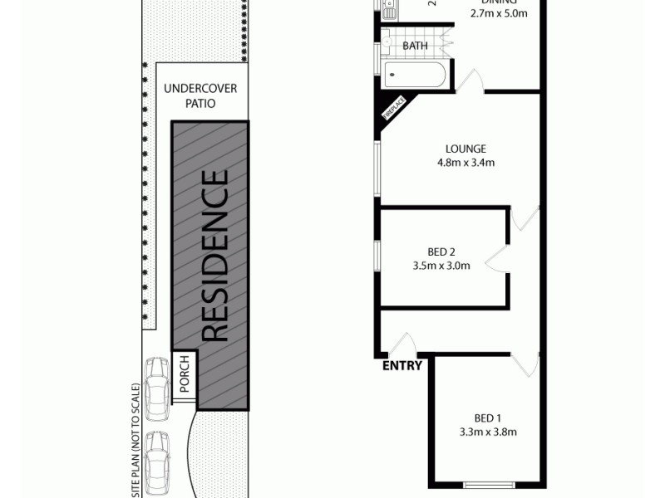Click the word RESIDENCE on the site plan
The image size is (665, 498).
pos(214,256)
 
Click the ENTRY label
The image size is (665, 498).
pos(402,365)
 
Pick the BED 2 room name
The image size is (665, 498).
pos(441,252)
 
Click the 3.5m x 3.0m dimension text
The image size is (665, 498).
pos(441,266)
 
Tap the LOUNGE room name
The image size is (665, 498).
pos(465,149)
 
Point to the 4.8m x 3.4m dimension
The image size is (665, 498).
pos(465,163)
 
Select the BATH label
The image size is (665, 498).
pos(415,46)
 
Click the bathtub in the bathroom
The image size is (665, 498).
pos(415,74)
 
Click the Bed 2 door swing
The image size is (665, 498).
pos(497,258)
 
